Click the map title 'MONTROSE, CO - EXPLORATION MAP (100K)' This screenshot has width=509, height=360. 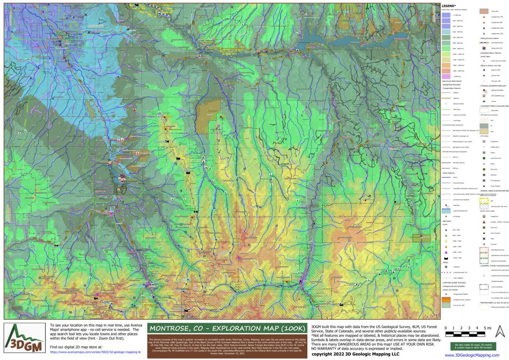coord(227,329)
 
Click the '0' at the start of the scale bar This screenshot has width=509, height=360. coord(446,328)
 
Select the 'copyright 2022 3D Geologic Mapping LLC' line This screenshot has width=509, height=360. coord(355,354)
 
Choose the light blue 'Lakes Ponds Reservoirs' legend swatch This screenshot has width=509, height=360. coord(445,210)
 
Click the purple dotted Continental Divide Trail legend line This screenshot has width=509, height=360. coord(445,271)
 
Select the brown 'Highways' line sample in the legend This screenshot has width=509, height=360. coord(445,98)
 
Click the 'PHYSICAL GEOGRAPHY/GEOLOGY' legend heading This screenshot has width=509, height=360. coord(494,85)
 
